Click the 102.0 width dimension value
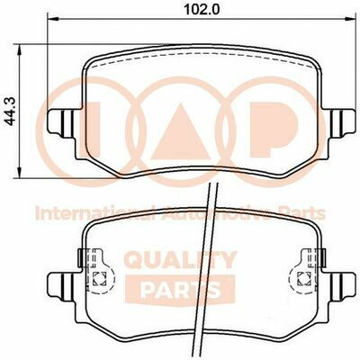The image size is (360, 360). [x=202, y=10]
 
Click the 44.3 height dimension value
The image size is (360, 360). [x=11, y=112]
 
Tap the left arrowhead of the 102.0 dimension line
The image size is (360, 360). [x=52, y=19]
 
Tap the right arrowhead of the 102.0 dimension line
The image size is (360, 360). [x=353, y=19]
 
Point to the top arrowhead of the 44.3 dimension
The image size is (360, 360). [x=20, y=50]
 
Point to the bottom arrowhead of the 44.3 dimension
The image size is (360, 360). [x=20, y=173]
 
